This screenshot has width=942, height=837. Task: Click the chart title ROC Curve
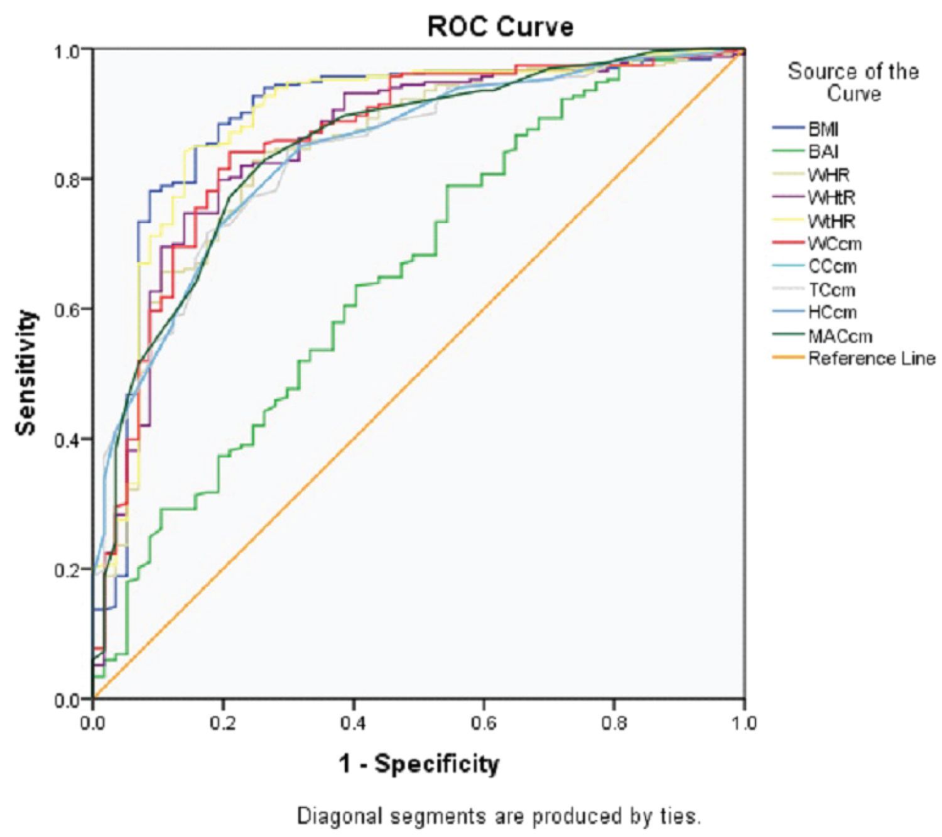pos(500,27)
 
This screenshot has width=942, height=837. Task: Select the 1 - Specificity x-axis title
pos(419,764)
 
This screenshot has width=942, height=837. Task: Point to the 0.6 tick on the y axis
pos(67,310)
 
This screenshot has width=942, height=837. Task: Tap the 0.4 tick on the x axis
pos(353,723)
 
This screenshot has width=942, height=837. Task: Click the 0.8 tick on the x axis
pos(614,723)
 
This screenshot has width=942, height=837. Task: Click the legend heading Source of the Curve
pos(853,82)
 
